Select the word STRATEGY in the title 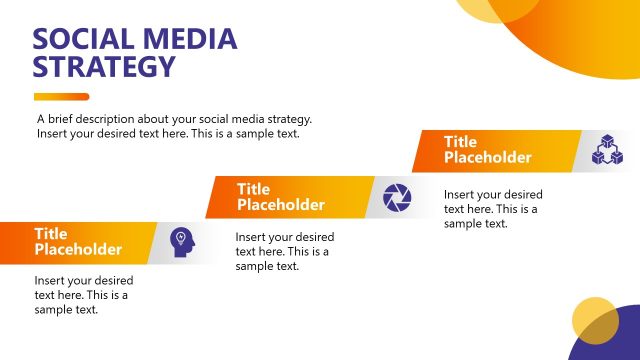104,68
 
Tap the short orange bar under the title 61,97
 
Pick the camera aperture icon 397,197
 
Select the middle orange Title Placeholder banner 285,197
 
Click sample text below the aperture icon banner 284,252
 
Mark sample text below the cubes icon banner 493,209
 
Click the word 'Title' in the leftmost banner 51,234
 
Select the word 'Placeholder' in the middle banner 281,205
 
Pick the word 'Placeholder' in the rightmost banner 488,158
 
